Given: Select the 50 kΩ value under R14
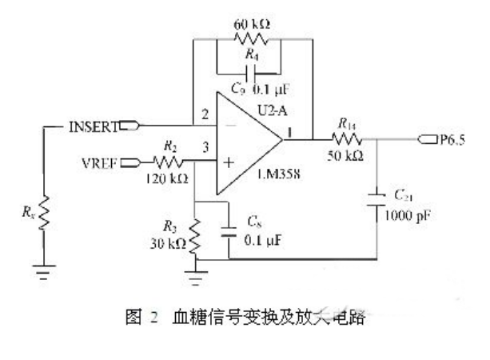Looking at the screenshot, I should click(348, 158).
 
